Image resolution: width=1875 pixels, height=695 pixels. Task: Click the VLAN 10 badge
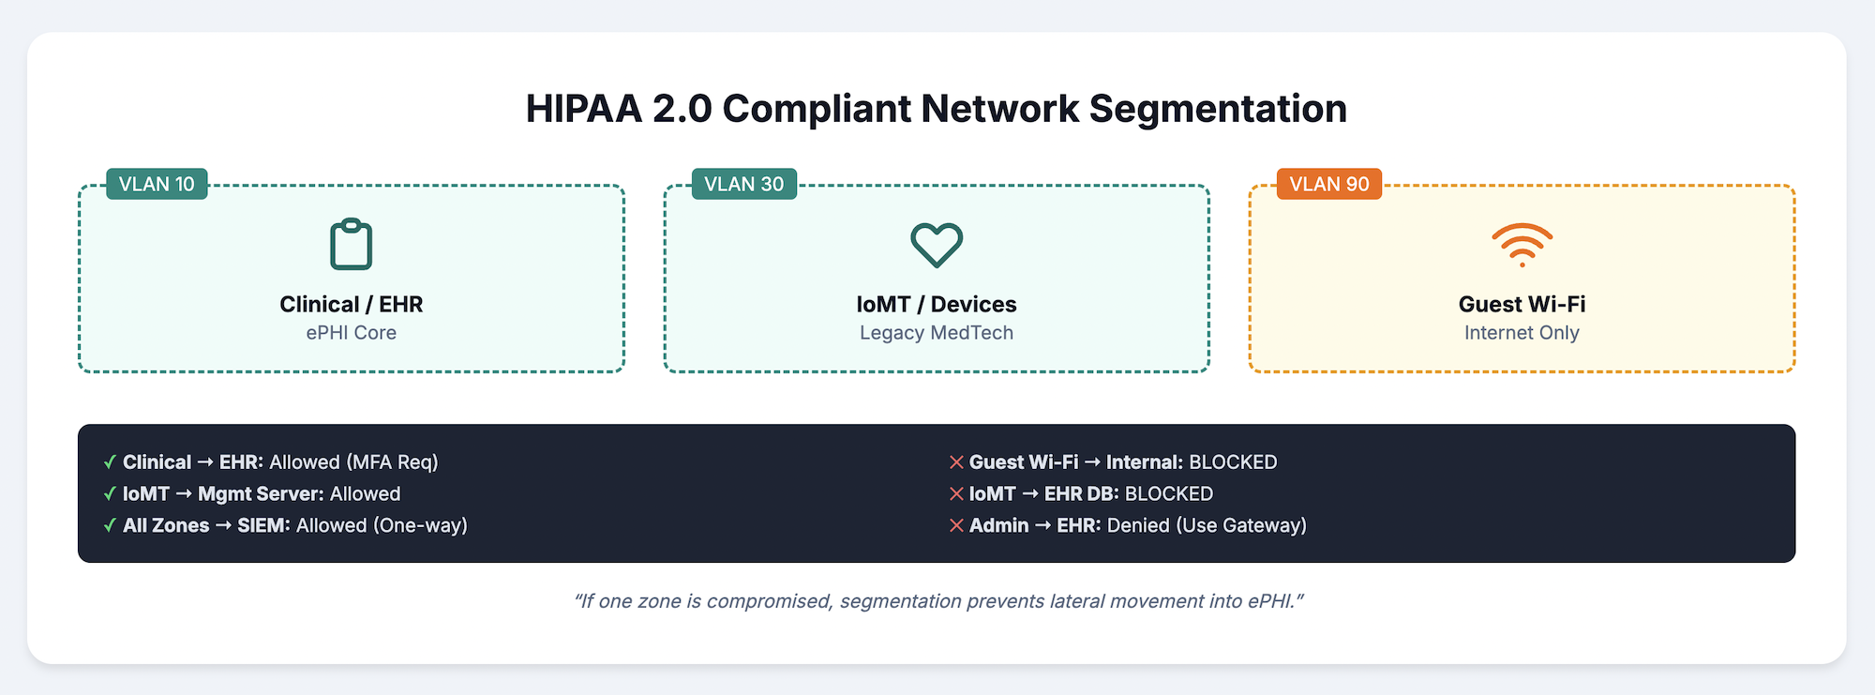tap(157, 184)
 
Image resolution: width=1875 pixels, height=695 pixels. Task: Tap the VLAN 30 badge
tap(743, 184)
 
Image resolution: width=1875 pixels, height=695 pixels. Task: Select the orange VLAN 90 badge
tap(1328, 184)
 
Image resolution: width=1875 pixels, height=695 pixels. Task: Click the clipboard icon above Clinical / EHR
tap(351, 245)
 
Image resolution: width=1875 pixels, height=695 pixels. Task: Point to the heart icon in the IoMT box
tap(937, 245)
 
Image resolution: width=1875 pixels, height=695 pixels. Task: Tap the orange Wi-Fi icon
tap(1522, 245)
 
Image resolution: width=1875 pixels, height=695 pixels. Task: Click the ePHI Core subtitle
tap(351, 333)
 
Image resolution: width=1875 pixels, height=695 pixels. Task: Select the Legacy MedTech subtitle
tap(937, 333)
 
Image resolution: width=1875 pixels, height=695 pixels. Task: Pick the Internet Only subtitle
tap(1522, 333)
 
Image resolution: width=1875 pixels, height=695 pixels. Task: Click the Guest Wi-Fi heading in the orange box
tap(1522, 304)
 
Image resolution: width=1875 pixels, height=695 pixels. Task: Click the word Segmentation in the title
tap(1218, 109)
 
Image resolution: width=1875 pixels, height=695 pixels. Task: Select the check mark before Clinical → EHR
tap(110, 462)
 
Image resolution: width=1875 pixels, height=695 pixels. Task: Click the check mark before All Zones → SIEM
tap(110, 525)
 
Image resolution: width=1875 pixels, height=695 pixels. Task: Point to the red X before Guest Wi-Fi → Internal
tap(956, 462)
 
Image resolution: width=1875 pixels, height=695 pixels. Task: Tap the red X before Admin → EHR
tap(956, 525)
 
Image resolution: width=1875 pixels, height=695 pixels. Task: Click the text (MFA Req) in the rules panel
tap(392, 462)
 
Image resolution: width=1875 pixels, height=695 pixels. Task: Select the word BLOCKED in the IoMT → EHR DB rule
tap(1168, 493)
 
